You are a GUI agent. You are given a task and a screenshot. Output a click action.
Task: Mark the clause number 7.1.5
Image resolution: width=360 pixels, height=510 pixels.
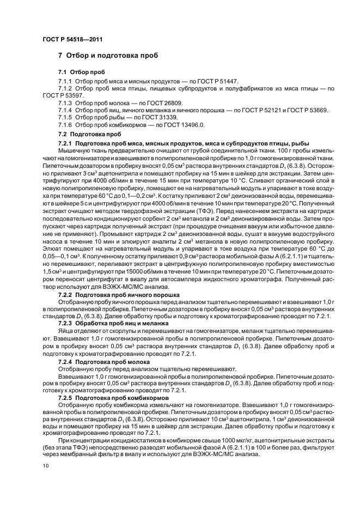(x=66, y=117)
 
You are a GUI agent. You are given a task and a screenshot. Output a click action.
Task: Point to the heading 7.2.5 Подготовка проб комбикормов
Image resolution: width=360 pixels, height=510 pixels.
(x=113, y=398)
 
